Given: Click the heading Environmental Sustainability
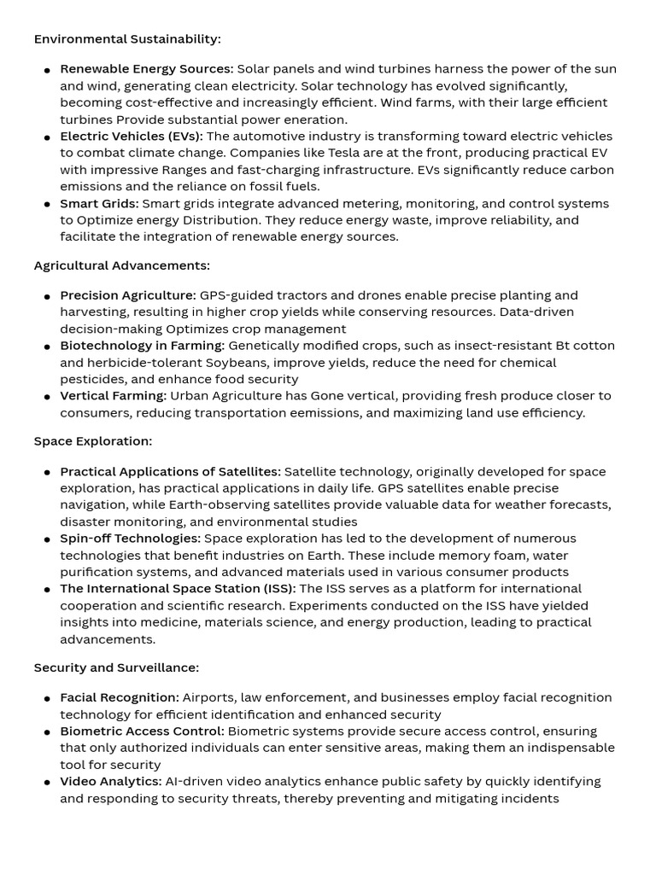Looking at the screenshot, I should tap(127, 39).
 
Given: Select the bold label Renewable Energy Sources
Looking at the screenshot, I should tap(146, 69).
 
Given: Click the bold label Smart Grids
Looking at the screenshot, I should tap(99, 203).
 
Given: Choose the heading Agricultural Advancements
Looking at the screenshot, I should tap(121, 265).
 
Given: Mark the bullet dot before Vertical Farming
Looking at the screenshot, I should tap(47, 397).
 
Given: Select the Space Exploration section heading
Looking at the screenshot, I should tap(93, 441).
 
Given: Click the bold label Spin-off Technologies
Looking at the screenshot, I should tap(130, 539).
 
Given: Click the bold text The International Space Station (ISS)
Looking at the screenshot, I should tap(178, 589).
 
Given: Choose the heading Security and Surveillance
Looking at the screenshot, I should tap(116, 667).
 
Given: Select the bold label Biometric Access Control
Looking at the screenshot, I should tap(142, 731).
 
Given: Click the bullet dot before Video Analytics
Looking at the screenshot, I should tap(47, 783).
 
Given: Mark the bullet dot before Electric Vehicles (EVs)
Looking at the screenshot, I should tap(47, 137).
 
